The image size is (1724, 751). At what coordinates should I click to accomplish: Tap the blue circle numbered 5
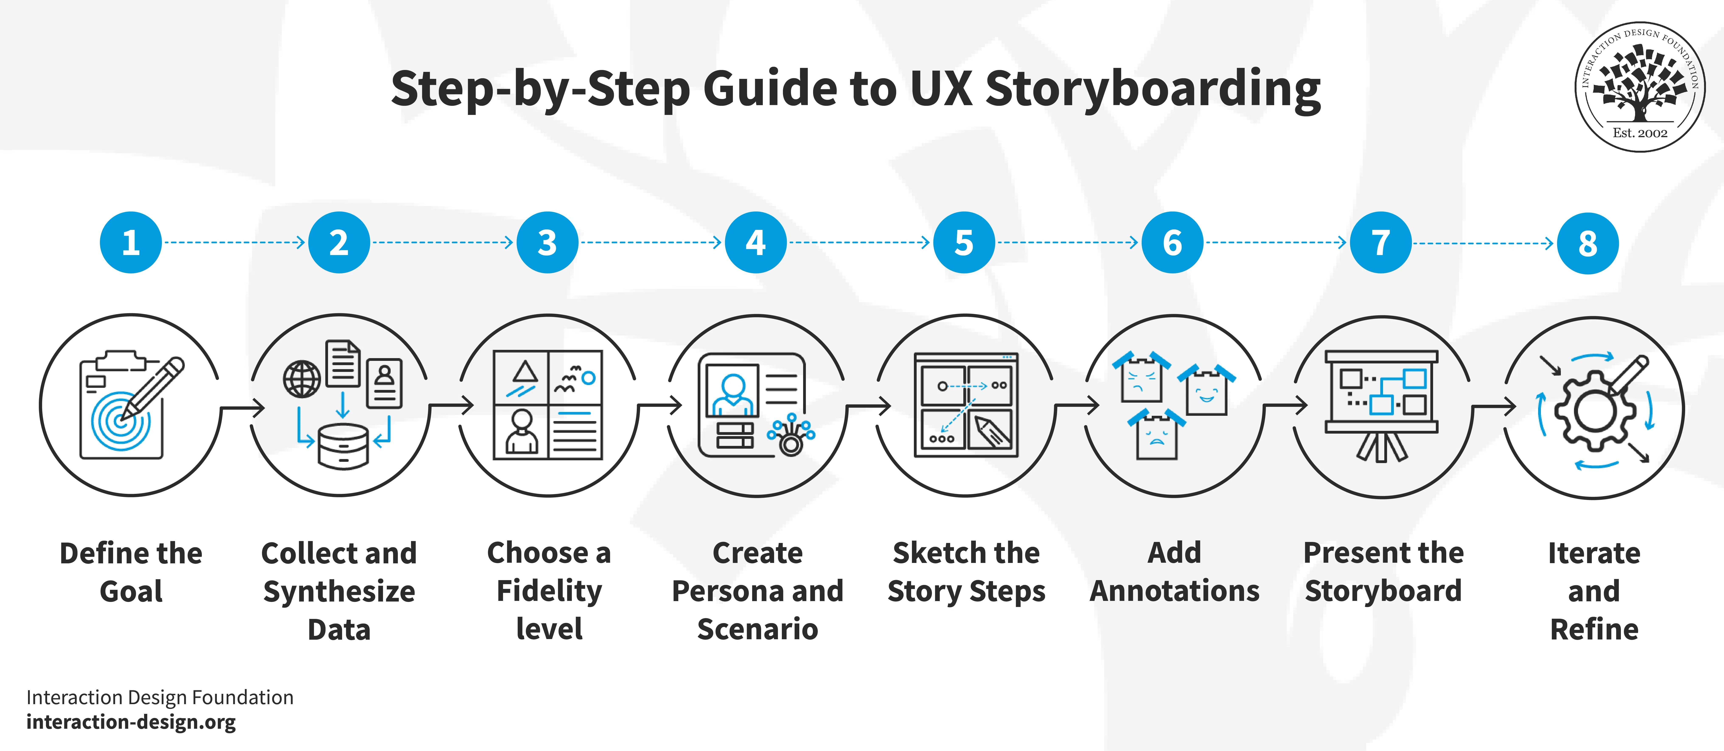(x=964, y=242)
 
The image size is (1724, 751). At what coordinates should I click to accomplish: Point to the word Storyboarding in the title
(x=1152, y=89)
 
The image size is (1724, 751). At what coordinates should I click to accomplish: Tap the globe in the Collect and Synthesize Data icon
(x=302, y=379)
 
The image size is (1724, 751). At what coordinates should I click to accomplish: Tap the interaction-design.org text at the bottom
(x=131, y=722)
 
